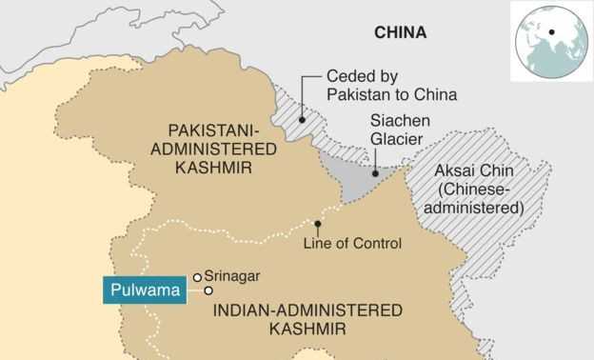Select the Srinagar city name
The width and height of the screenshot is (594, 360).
pyautogui.click(x=233, y=276)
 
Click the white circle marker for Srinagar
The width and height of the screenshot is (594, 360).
pyautogui.click(x=197, y=277)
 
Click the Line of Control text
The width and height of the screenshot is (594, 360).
pyautogui.click(x=352, y=244)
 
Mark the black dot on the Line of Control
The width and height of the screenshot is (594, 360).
pyautogui.click(x=318, y=225)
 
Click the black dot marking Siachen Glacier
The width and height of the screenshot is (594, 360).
pyautogui.click(x=375, y=174)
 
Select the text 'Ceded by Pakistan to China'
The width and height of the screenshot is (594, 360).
pyautogui.click(x=391, y=87)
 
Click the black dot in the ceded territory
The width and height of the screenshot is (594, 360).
pyautogui.click(x=301, y=121)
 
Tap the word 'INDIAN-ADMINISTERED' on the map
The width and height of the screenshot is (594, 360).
pyautogui.click(x=307, y=310)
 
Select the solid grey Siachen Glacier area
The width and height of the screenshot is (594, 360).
pyautogui.click(x=352, y=182)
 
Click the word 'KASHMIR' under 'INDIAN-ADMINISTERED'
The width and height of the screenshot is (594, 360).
pyautogui.click(x=307, y=330)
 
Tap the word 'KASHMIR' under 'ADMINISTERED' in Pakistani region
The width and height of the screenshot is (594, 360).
pyautogui.click(x=213, y=168)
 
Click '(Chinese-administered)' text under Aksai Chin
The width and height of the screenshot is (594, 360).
pyautogui.click(x=478, y=197)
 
